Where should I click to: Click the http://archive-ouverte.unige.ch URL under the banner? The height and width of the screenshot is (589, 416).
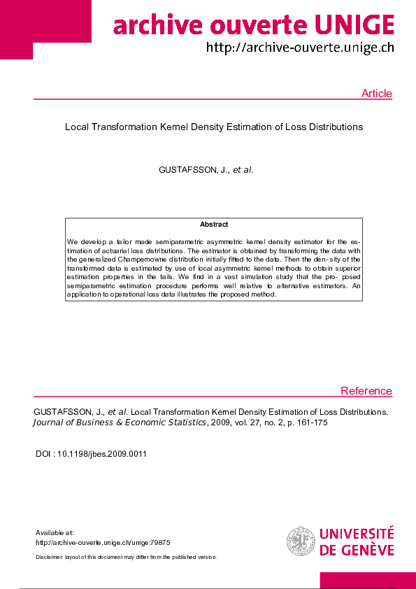(299, 48)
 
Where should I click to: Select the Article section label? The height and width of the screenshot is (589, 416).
(376, 94)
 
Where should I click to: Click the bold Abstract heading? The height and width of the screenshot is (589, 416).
(214, 225)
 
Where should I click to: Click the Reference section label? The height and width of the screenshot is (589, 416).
(366, 391)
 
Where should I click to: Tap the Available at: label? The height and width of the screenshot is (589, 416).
(55, 533)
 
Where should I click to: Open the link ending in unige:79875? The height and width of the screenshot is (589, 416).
(103, 542)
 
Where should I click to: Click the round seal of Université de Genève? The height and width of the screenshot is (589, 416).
(301, 541)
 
